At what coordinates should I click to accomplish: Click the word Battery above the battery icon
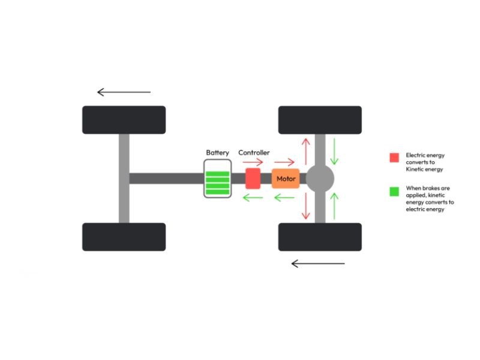click(x=217, y=153)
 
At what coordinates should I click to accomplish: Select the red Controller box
click(x=253, y=178)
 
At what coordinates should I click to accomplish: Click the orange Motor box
click(x=286, y=178)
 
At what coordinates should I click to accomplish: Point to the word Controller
click(x=254, y=153)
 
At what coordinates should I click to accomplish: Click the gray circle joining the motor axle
click(x=320, y=178)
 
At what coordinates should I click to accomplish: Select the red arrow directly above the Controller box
click(x=253, y=162)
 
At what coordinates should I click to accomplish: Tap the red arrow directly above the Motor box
click(x=285, y=162)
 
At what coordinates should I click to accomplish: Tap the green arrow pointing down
click(x=334, y=151)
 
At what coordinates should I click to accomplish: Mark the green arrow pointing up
click(x=334, y=206)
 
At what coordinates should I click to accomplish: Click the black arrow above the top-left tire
click(x=124, y=92)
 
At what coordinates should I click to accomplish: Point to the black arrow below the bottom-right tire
click(x=318, y=263)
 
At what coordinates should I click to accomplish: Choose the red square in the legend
click(x=394, y=158)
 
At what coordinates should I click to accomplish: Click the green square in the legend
click(x=394, y=192)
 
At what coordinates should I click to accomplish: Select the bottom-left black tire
click(x=124, y=236)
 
